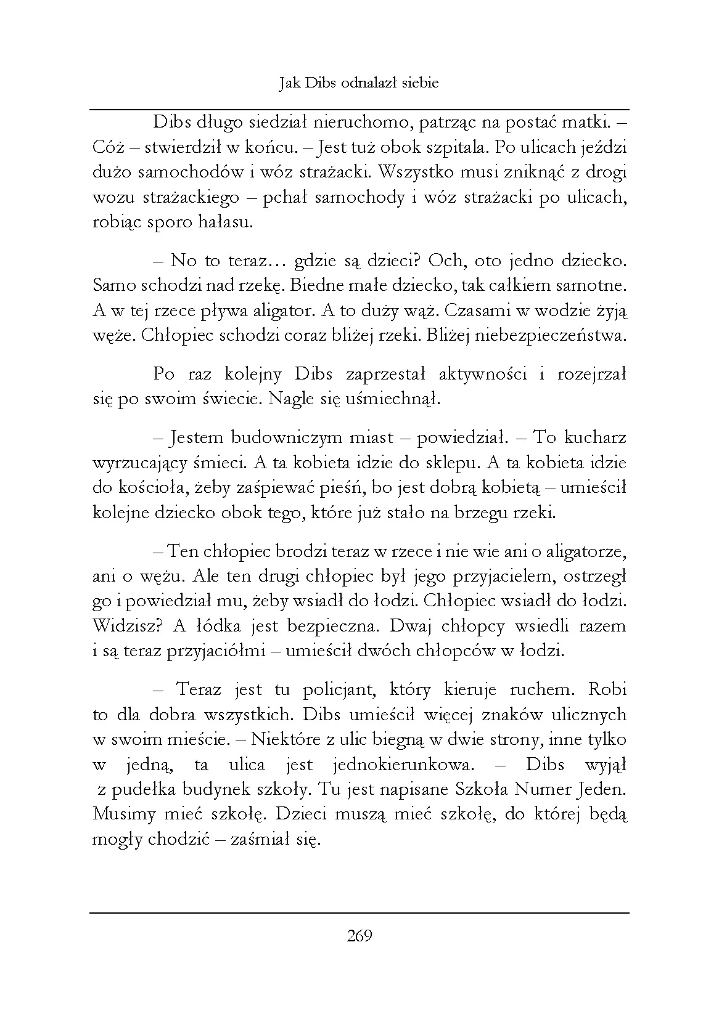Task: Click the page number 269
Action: coord(359,936)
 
